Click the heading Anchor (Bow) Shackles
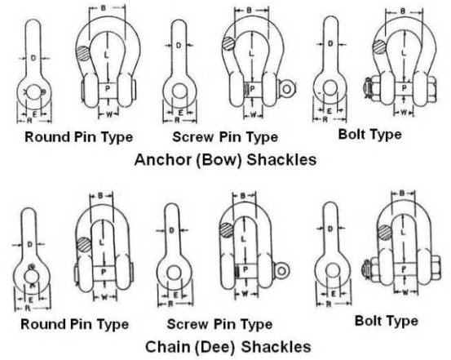tap(225, 159)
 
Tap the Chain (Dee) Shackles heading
tap(228, 346)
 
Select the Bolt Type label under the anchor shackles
tap(370, 135)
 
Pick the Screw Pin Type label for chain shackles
tap(219, 324)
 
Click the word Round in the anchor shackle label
tap(47, 137)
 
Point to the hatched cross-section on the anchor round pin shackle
tap(83, 54)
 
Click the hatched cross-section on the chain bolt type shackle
tap(385, 233)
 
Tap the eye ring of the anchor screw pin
tap(286, 89)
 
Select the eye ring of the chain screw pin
tap(281, 271)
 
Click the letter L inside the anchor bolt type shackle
tap(404, 53)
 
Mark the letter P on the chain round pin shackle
tap(104, 272)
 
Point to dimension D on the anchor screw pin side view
tap(179, 45)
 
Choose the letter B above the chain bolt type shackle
tap(402, 193)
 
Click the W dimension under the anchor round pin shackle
tap(109, 114)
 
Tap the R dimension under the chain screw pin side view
tap(170, 304)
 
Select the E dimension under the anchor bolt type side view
tap(329, 111)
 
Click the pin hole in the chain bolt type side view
tap(333, 270)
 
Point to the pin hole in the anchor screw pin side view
tap(179, 91)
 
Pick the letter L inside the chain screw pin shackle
tap(243, 238)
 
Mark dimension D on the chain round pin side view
tap(30, 245)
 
